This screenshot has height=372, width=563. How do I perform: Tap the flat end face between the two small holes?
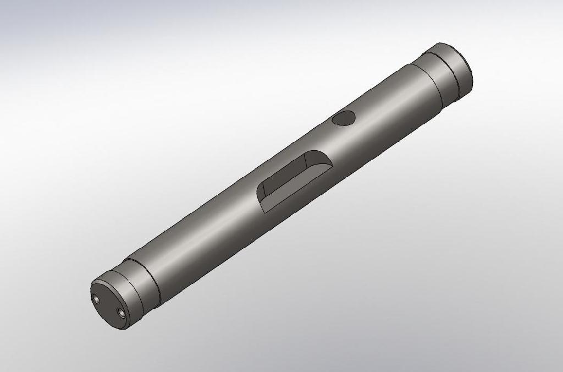pos(108,305)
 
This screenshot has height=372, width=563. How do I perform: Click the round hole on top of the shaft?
pos(345,118)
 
